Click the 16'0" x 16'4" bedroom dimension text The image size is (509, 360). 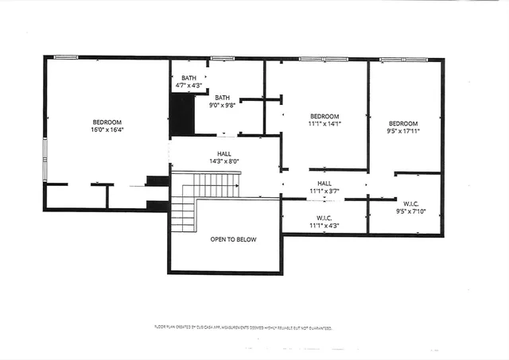(x=107, y=130)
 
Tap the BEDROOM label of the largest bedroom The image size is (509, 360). (x=107, y=122)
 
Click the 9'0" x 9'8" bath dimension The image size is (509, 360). (x=222, y=104)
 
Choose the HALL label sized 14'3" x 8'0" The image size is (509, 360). (x=224, y=153)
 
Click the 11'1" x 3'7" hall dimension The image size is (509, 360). (x=324, y=191)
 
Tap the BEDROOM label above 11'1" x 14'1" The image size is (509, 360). (x=324, y=116)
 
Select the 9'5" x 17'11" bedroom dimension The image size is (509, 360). (x=403, y=131)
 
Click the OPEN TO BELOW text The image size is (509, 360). (x=233, y=239)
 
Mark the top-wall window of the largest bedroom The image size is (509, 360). (x=65, y=56)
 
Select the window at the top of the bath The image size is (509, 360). (x=223, y=58)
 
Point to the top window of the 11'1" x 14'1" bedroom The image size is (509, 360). (x=312, y=59)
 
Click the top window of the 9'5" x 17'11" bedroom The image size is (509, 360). (x=393, y=60)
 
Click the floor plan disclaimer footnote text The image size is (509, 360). (x=243, y=327)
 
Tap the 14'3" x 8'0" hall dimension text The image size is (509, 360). (x=224, y=161)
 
